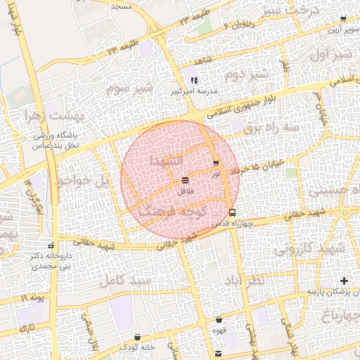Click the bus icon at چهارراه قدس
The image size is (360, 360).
tap(232, 212)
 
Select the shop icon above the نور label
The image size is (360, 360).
tap(215, 163)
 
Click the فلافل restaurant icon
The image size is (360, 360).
tap(184, 181)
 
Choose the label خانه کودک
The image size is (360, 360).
tap(137, 347)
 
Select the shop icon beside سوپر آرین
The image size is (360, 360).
tap(343, 19)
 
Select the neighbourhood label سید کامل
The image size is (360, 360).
tap(127, 279)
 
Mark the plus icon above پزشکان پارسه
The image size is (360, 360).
tap(344, 281)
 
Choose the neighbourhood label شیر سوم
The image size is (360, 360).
tap(129, 89)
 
